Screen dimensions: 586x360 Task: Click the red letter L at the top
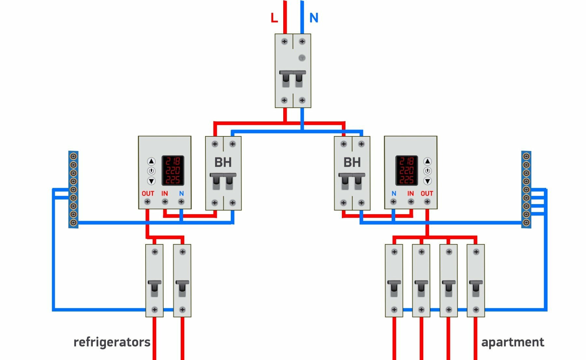click(x=274, y=18)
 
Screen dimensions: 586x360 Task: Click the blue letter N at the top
click(x=314, y=18)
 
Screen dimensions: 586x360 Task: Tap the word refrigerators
click(x=112, y=342)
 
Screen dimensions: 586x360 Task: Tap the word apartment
click(x=512, y=342)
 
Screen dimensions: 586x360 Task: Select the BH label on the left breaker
click(x=223, y=162)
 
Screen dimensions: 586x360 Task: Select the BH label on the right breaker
click(x=352, y=162)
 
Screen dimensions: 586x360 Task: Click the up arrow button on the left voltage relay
click(x=151, y=161)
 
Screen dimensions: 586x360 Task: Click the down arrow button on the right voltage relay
click(x=427, y=181)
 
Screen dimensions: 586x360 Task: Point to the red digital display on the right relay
click(x=406, y=170)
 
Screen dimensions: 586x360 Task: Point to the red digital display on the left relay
click(x=173, y=170)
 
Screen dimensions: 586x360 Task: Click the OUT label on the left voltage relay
click(x=148, y=193)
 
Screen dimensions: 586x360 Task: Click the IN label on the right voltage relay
click(x=411, y=193)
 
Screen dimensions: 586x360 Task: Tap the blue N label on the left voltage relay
click(x=181, y=193)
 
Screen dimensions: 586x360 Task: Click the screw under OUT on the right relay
click(x=427, y=202)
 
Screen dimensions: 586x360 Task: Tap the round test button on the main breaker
click(x=302, y=58)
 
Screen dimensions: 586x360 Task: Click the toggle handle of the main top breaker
click(x=293, y=78)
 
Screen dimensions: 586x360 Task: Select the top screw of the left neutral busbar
click(x=74, y=156)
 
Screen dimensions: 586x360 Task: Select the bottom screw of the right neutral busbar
click(x=526, y=223)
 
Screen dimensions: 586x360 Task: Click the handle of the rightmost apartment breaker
click(x=476, y=288)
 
